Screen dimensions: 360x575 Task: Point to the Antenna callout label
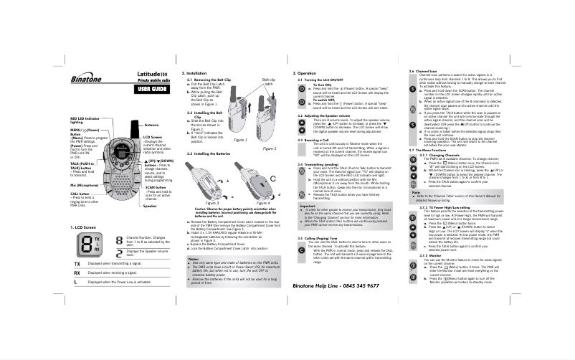pyautogui.click(x=151, y=125)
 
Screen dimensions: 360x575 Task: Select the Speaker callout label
pyautogui.click(x=150, y=206)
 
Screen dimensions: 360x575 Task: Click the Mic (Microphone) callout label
pyautogui.click(x=84, y=185)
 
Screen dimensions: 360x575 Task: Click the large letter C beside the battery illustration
pyautogui.click(x=272, y=178)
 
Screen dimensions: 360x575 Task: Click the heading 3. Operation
pyautogui.click(x=306, y=73)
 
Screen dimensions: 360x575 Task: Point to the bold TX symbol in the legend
pyautogui.click(x=77, y=283)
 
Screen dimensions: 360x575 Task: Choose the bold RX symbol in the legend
pyautogui.click(x=77, y=293)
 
